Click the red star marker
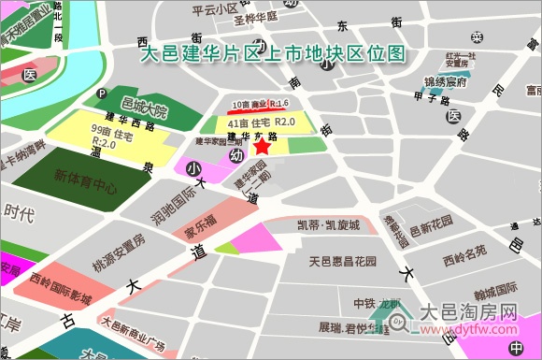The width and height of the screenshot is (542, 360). pos(263,146)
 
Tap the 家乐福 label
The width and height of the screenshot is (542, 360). pos(199,221)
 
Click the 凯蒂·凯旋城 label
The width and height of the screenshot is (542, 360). pos(328,225)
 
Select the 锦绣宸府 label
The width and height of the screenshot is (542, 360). pos(445,83)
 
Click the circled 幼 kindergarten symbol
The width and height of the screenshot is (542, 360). pos(235,156)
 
